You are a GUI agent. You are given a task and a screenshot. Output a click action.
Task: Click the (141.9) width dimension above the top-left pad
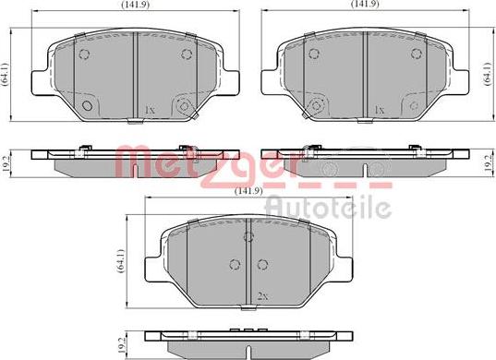[x=136, y=4]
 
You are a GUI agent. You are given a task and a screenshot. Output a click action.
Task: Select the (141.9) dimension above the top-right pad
[x=365, y=4]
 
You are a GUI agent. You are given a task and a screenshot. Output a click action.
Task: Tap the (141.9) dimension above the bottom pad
[x=248, y=190]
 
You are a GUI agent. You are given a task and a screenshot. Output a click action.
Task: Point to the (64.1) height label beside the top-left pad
[x=6, y=74]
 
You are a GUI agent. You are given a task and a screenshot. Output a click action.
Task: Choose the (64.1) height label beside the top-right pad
[x=488, y=74]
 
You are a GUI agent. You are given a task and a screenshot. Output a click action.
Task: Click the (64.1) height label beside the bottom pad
[x=120, y=260]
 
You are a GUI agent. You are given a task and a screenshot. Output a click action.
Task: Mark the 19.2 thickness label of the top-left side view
[x=6, y=163]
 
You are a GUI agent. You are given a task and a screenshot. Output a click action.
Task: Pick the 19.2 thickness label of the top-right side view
[x=488, y=163]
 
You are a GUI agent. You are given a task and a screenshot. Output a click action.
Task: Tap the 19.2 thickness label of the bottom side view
[x=120, y=345]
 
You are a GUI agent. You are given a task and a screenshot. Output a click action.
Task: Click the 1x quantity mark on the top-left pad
[x=149, y=110]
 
